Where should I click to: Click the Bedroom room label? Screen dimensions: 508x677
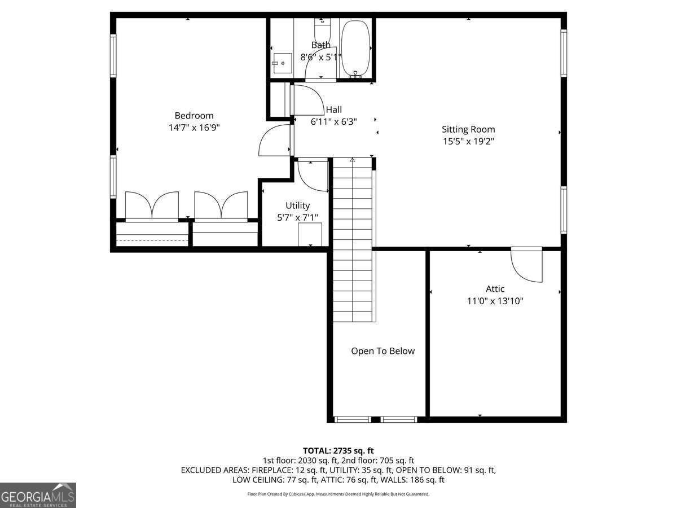coord(194,116)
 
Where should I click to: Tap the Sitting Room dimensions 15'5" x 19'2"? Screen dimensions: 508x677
coord(468,142)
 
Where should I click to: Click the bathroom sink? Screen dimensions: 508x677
coord(282,63)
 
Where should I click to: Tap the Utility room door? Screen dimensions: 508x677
coord(312,176)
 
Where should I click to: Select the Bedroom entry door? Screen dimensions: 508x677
coord(275,141)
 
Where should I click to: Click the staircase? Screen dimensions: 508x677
coord(353,240)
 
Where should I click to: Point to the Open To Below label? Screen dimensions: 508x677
coord(383,351)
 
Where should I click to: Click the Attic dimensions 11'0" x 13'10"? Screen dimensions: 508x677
coord(495,301)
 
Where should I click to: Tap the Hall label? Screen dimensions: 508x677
coord(333,110)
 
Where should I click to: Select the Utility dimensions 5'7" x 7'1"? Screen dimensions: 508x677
coord(297,217)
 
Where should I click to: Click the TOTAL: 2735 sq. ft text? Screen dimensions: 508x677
coord(338,450)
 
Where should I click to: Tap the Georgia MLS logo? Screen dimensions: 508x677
coord(38,495)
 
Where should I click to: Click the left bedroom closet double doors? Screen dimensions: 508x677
coord(152,205)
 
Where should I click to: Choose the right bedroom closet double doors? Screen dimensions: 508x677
coord(221,205)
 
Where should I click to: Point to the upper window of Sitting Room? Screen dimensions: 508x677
coord(564,52)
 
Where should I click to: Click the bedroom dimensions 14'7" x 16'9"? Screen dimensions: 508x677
coord(194,128)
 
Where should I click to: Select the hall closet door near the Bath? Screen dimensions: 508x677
coord(305,100)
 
